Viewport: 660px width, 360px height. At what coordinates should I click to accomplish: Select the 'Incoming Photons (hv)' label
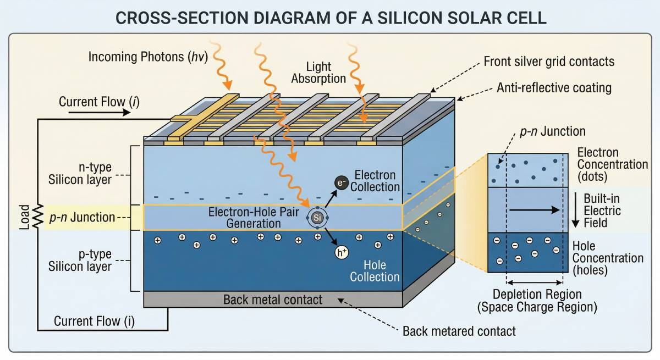148,57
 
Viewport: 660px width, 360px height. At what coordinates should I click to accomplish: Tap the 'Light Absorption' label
318,73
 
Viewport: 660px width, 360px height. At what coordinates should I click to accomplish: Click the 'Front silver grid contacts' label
549,62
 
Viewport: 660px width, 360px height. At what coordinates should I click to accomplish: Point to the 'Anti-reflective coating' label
554,87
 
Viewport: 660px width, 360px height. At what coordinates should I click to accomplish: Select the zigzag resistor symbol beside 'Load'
37,217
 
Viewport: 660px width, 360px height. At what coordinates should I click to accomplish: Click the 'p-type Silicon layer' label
87,261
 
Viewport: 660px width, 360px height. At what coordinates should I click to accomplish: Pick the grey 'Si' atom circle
317,218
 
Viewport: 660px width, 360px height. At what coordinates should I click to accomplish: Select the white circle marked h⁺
342,253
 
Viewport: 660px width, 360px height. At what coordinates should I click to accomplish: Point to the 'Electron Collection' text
375,181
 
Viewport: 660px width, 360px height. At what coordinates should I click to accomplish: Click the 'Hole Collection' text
375,271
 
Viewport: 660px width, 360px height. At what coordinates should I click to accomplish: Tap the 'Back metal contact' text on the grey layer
273,300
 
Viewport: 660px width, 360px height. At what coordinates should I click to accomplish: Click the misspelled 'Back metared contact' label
459,331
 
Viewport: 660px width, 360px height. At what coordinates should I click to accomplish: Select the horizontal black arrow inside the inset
533,210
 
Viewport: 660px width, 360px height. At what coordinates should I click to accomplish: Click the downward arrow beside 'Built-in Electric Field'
575,210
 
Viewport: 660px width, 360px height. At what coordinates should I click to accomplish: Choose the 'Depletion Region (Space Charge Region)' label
537,301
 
